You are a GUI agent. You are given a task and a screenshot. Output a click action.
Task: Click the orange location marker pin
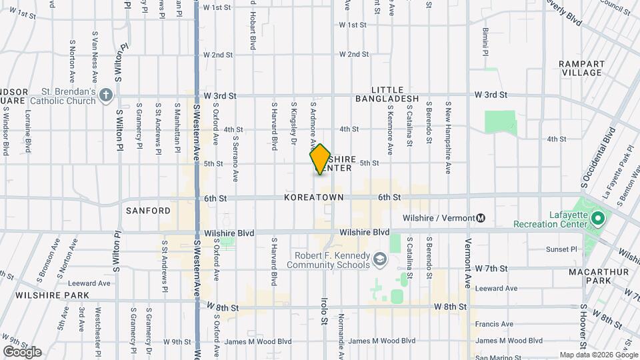pos(320,159)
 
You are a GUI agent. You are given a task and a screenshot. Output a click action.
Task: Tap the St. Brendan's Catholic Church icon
pos(105,96)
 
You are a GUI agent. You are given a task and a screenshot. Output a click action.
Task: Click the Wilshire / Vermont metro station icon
pos(481,218)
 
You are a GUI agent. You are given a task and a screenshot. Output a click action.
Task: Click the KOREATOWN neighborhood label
pos(313,198)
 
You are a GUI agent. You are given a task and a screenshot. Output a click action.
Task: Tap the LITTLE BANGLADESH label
pos(396,94)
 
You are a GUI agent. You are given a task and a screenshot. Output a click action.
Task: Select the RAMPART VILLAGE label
pos(582,68)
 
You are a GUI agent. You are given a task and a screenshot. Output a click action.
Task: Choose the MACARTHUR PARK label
pos(590,277)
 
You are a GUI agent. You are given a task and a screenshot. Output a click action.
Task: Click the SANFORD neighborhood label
pos(148,211)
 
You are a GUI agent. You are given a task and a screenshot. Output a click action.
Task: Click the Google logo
pos(22,352)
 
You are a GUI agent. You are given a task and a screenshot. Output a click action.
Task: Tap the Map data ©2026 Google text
pos(598,355)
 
